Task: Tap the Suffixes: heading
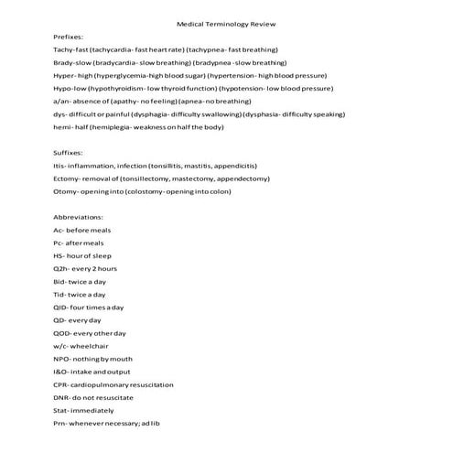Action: (70, 153)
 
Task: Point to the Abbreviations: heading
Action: (81, 218)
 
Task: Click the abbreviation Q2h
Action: (61, 269)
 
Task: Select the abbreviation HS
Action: (59, 256)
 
